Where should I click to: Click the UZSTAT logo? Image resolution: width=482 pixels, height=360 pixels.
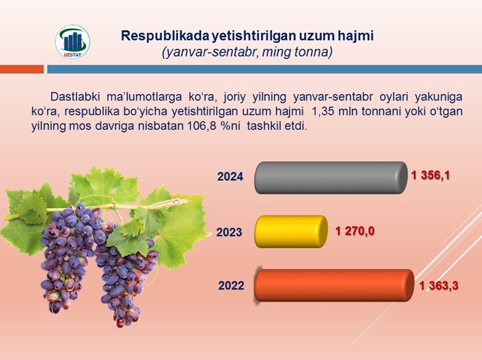[73, 42]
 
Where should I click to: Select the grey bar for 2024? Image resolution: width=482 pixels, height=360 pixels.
[331, 178]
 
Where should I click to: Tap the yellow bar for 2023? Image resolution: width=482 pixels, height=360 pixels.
[291, 231]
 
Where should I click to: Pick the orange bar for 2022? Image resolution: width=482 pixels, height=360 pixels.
[334, 286]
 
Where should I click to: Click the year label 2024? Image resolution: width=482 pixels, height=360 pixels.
[230, 177]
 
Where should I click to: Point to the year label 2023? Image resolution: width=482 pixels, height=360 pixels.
[229, 232]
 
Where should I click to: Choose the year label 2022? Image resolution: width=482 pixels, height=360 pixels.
[231, 286]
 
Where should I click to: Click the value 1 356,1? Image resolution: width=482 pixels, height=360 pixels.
[430, 175]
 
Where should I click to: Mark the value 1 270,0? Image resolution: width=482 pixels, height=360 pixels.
[354, 231]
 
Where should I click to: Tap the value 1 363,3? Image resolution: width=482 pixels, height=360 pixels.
[439, 286]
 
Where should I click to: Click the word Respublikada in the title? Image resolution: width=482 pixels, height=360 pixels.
[165, 36]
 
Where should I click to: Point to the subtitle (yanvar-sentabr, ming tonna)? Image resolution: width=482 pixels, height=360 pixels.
[247, 52]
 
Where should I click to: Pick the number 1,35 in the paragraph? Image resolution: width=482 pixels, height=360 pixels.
[323, 111]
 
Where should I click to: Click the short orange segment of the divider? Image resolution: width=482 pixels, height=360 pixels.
[22, 69]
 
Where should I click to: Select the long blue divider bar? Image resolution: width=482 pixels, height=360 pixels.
[265, 69]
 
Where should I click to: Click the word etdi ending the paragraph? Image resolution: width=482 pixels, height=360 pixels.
[297, 126]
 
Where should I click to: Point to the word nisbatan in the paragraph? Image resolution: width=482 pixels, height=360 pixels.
[161, 126]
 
